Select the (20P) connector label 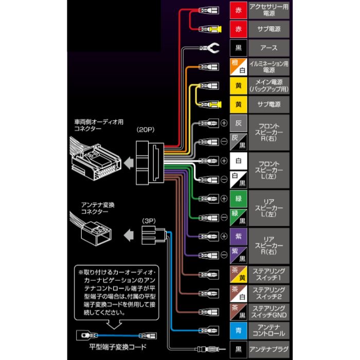[x=146, y=130]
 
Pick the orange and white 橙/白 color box [x=238, y=67]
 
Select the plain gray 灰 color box [x=238, y=123]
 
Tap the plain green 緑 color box [x=238, y=198]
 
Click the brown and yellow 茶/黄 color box [x=238, y=274]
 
